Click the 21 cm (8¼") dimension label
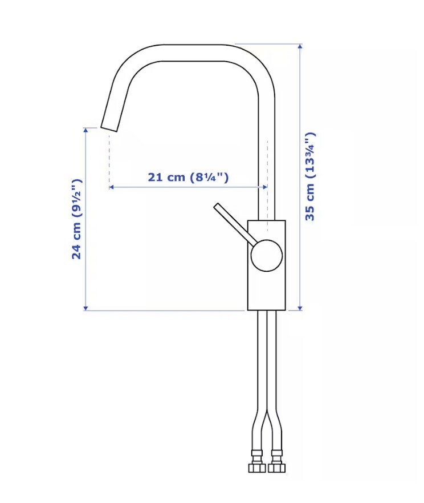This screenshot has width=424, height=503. tap(188, 177)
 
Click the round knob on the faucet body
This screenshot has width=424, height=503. tap(266, 255)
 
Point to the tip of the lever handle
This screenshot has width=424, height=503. tap(217, 206)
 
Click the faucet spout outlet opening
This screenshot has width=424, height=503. tap(109, 128)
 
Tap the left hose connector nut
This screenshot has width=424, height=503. tap(256, 467)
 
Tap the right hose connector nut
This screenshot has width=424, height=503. tap(276, 467)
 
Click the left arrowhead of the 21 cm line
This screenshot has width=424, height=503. tap(111, 187)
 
